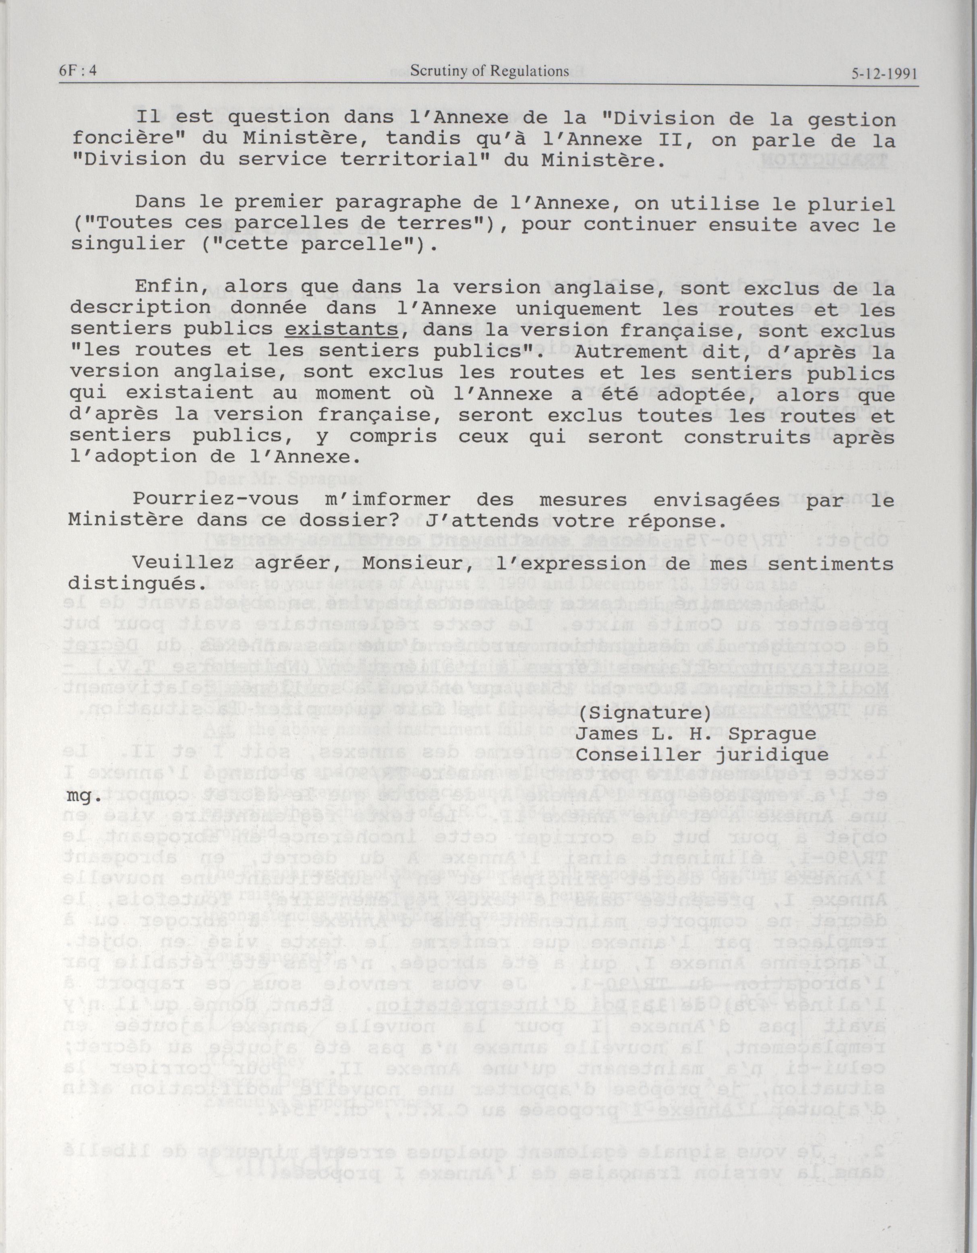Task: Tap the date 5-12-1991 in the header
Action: pyautogui.click(x=884, y=74)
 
